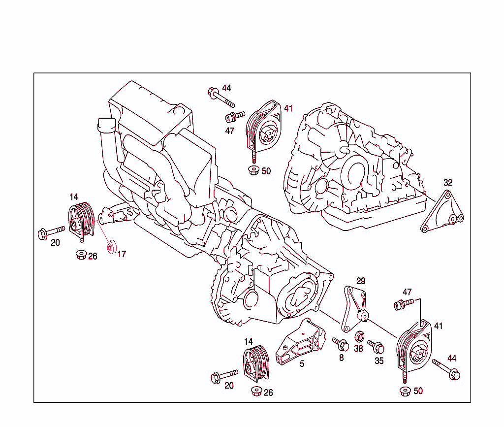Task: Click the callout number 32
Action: (447, 183)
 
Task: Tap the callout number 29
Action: (361, 281)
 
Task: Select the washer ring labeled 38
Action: (360, 337)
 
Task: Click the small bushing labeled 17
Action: (112, 246)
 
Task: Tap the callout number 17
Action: (122, 255)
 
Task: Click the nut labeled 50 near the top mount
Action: (253, 171)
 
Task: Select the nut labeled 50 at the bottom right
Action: (404, 391)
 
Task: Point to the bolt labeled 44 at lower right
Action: (446, 369)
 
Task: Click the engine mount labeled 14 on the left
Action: (80, 221)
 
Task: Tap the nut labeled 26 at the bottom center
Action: (256, 392)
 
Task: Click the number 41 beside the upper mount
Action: (288, 108)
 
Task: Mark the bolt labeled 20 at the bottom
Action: (223, 376)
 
